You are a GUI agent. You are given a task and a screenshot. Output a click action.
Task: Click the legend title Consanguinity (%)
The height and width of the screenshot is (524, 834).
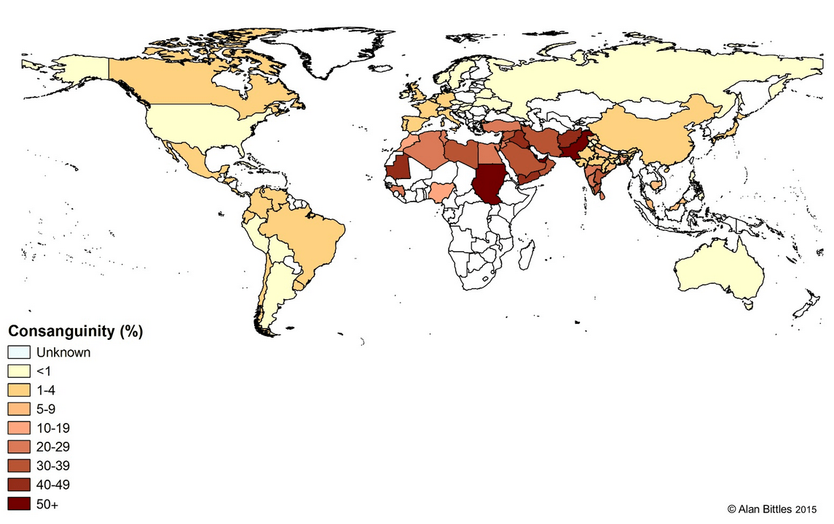click(x=74, y=332)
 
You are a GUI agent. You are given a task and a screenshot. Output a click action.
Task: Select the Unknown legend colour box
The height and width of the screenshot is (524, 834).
click(x=18, y=352)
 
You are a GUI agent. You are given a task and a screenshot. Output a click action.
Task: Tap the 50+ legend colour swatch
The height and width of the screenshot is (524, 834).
click(x=18, y=504)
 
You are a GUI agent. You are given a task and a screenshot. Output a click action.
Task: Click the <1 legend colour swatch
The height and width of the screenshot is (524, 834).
click(x=18, y=371)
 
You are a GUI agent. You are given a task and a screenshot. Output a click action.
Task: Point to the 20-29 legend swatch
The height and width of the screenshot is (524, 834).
click(x=18, y=447)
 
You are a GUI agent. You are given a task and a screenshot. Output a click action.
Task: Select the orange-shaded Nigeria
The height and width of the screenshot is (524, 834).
click(x=441, y=192)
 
